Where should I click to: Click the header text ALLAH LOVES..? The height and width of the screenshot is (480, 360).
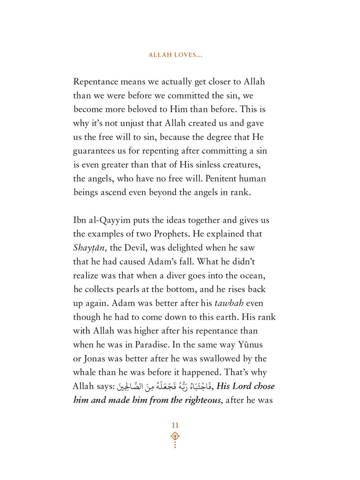click(x=174, y=54)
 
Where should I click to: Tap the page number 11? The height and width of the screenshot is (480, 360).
click(x=175, y=425)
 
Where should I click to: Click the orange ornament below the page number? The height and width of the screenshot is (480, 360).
click(x=175, y=438)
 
